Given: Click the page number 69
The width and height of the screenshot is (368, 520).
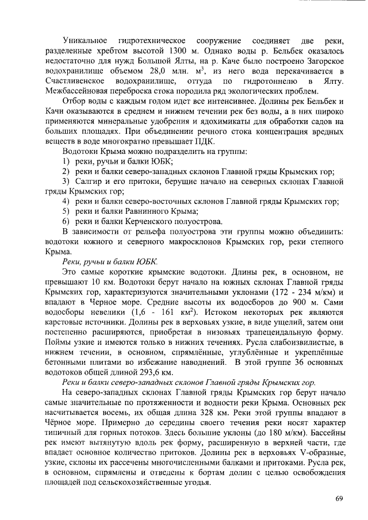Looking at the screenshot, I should (339, 498).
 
